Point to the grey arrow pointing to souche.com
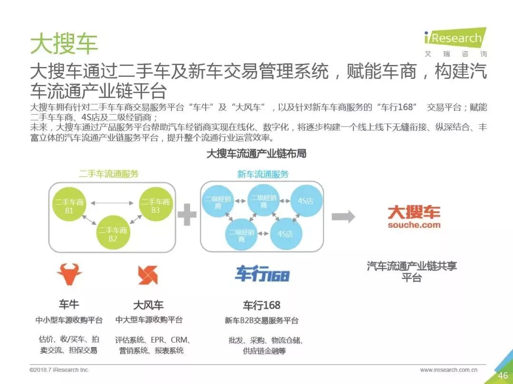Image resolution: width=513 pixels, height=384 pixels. (x=343, y=217)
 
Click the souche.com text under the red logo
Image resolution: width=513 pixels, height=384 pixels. (x=414, y=225)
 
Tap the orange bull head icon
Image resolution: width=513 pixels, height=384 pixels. (x=69, y=274)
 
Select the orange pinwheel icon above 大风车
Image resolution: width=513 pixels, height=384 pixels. (x=148, y=274)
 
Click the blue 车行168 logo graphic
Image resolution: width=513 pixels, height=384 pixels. (x=262, y=274)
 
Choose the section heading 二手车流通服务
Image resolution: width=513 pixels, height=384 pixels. (x=109, y=174)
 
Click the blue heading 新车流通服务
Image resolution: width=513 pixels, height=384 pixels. (x=263, y=174)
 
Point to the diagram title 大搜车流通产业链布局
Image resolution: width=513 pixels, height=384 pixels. (x=256, y=154)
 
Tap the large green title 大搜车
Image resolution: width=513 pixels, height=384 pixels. (x=64, y=44)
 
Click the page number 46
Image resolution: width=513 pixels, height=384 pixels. (x=503, y=375)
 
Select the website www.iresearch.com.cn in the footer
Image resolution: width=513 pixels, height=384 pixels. (x=448, y=370)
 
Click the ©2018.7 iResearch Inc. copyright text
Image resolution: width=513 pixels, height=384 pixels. (x=59, y=370)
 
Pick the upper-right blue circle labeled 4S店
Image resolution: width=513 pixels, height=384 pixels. (x=305, y=201)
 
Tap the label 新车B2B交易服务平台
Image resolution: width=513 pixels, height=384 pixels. (x=262, y=320)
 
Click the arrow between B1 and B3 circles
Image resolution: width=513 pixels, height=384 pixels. (x=112, y=203)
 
